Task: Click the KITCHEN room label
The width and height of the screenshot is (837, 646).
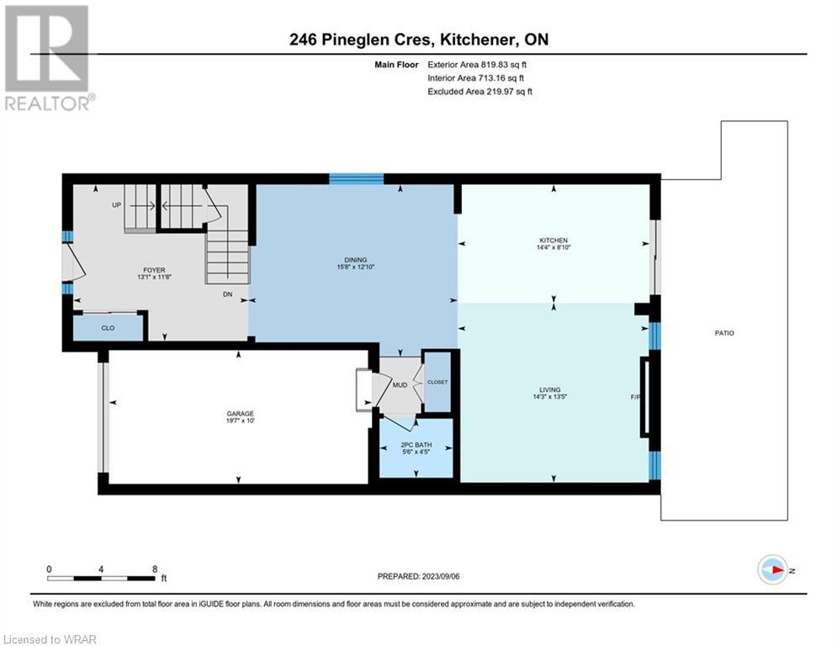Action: (553, 241)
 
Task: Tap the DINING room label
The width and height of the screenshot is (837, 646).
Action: (356, 259)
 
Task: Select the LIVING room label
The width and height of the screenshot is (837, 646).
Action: (550, 389)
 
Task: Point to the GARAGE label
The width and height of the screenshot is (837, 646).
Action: (241, 413)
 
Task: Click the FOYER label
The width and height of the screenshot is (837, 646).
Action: (154, 270)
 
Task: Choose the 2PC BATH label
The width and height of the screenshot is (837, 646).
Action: (416, 445)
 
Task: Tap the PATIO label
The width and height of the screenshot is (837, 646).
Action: (724, 332)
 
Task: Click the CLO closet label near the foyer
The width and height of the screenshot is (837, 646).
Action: (108, 328)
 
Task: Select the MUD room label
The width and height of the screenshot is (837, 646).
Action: (400, 385)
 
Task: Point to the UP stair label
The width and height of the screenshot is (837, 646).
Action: (116, 205)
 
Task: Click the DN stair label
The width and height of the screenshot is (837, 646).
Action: (227, 294)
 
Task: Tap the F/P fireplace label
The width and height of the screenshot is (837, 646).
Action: (634, 397)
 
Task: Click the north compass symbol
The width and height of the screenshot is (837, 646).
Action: (772, 569)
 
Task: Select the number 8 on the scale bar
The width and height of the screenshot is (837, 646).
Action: (155, 569)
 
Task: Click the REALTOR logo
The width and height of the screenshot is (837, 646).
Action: (49, 58)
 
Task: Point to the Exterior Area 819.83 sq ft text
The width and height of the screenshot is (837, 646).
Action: (477, 65)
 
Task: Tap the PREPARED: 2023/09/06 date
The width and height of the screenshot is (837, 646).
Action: (419, 576)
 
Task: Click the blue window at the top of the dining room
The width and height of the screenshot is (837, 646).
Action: (357, 178)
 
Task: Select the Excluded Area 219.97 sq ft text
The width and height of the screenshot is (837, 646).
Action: (479, 92)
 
